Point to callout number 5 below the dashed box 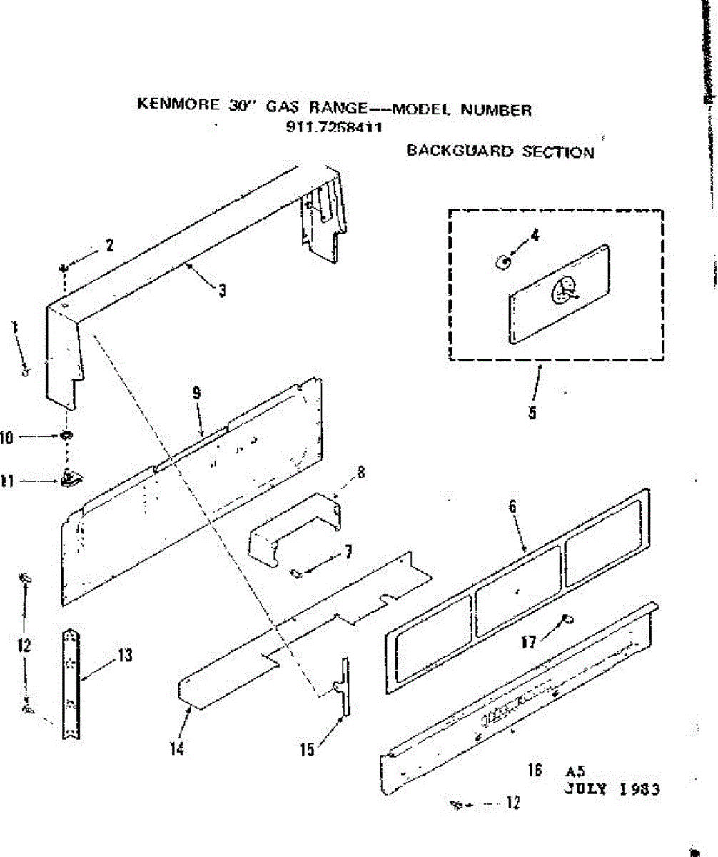pyautogui.click(x=533, y=413)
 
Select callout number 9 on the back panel pyautogui.click(x=196, y=392)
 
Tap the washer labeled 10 pyautogui.click(x=66, y=436)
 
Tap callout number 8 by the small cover pyautogui.click(x=360, y=472)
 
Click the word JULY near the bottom pyautogui.click(x=587, y=789)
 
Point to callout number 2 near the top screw pyautogui.click(x=109, y=246)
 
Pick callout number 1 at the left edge pyautogui.click(x=15, y=329)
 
